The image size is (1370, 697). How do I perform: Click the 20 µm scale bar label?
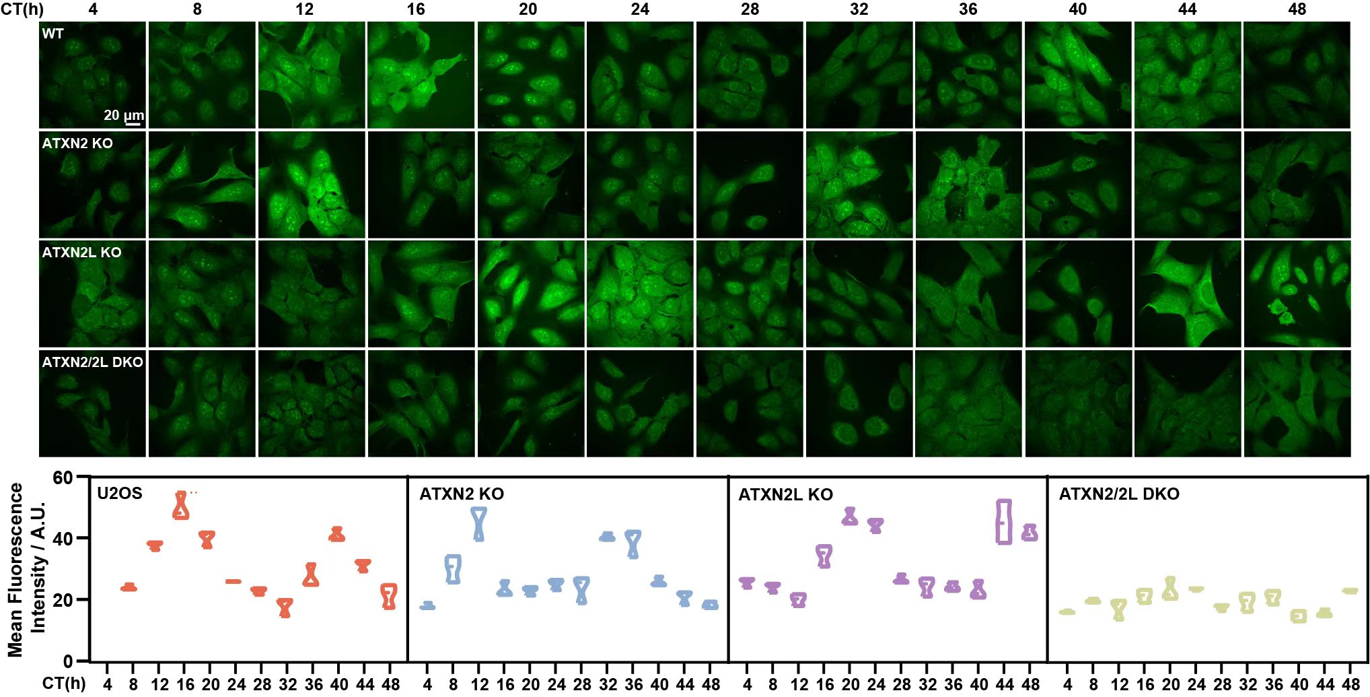point(123,115)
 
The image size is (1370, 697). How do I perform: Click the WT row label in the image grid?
point(52,34)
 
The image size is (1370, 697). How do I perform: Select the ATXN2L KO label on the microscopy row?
point(81,253)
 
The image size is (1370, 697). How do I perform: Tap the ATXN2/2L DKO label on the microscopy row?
point(92,362)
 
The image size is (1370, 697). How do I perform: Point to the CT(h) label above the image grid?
point(22,9)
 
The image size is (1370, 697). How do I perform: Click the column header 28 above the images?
point(750,9)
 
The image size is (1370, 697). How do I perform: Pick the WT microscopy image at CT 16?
point(421,75)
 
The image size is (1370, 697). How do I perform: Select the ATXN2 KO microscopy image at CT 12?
point(311,185)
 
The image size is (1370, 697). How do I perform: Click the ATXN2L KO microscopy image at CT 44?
point(1188,294)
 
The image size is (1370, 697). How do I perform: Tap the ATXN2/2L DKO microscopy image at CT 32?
point(859,403)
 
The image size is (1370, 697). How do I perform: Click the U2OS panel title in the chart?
point(120,494)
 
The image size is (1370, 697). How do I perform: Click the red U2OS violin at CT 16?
point(181,506)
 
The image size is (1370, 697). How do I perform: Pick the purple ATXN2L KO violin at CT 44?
point(1004,522)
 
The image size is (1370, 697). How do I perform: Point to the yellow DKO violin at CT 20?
point(1171,589)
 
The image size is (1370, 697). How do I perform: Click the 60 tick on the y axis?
point(62,478)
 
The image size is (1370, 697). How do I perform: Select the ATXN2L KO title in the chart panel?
point(785,494)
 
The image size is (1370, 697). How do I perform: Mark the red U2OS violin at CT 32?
point(285,607)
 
